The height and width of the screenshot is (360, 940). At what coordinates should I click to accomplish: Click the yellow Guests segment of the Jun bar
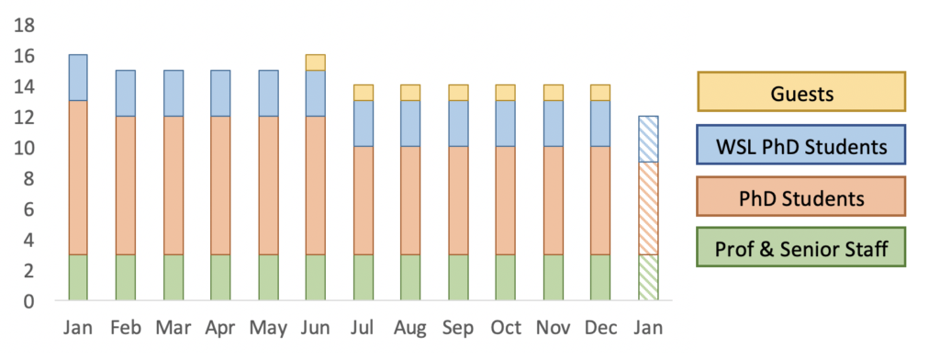click(x=316, y=62)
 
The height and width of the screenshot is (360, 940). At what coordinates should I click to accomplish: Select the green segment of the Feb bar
click(x=125, y=277)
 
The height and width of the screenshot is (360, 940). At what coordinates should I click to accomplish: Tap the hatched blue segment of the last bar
click(x=648, y=140)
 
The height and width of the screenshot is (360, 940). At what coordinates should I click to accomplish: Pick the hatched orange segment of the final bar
click(x=648, y=208)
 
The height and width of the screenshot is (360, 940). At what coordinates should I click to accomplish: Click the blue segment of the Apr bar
click(x=220, y=94)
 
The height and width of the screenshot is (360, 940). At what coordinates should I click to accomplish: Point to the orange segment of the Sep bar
click(x=458, y=201)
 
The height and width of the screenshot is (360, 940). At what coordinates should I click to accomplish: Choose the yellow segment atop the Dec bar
click(x=600, y=93)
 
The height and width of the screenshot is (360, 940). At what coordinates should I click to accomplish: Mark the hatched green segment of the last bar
click(x=648, y=277)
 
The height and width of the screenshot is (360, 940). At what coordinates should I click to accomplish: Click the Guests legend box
click(x=800, y=92)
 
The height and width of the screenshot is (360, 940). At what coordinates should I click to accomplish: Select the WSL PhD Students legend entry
click(x=800, y=144)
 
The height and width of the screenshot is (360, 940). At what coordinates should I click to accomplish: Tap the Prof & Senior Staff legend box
click(x=800, y=247)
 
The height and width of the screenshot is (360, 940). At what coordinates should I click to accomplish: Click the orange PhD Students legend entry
click(x=800, y=197)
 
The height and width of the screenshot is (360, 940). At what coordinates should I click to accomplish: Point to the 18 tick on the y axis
click(x=25, y=26)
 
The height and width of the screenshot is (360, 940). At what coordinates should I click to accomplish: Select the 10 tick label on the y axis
click(x=25, y=148)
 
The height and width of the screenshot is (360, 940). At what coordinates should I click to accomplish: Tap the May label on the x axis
click(x=267, y=328)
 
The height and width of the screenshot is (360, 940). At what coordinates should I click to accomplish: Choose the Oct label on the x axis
click(x=505, y=328)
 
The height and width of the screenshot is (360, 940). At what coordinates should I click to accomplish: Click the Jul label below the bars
click(x=363, y=328)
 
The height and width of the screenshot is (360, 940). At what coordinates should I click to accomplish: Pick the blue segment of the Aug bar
click(x=410, y=124)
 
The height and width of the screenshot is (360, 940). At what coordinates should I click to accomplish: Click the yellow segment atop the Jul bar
click(x=364, y=93)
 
